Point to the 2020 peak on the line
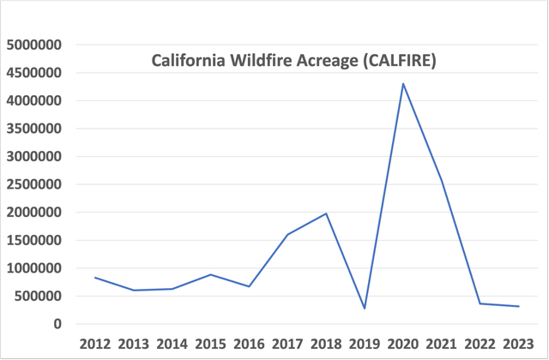point(403,83)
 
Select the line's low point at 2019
point(365,309)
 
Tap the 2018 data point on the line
point(326,213)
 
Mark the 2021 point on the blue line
point(442,181)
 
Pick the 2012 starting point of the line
point(95,277)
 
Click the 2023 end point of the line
point(519,307)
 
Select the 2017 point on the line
point(287,234)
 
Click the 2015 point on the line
point(210,274)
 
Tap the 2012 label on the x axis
point(95,344)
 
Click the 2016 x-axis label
point(249,344)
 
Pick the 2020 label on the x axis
point(403,344)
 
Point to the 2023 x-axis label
point(519,344)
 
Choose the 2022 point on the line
point(480,303)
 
